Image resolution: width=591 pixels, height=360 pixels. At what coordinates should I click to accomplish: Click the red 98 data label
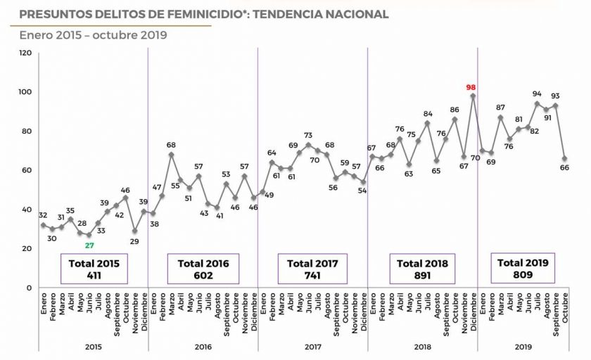click(x=471, y=87)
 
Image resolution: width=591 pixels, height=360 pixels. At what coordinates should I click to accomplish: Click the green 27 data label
click(x=89, y=245)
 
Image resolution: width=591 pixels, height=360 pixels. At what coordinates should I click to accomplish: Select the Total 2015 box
click(x=94, y=269)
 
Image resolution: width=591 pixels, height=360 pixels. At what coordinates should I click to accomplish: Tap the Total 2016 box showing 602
click(x=203, y=269)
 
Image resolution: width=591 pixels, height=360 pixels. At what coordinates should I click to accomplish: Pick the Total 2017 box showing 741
click(x=313, y=269)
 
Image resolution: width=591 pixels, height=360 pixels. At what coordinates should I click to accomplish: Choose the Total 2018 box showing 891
click(x=423, y=269)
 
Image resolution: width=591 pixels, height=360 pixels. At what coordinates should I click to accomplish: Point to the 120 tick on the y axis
click(x=25, y=53)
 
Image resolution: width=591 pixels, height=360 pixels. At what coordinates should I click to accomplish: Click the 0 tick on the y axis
click(x=29, y=288)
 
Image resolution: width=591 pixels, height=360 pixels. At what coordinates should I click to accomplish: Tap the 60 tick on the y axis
click(x=27, y=170)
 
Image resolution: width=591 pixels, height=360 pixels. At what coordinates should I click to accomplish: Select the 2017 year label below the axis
click(x=313, y=347)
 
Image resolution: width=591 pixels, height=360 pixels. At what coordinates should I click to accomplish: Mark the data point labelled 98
click(x=473, y=96)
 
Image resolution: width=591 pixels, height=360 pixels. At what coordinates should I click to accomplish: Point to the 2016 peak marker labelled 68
click(x=171, y=154)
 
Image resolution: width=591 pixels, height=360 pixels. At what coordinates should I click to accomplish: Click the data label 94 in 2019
click(x=537, y=94)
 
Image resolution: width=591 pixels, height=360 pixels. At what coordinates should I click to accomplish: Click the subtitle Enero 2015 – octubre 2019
click(x=93, y=34)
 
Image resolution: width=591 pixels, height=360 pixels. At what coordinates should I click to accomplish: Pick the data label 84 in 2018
click(x=427, y=113)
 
